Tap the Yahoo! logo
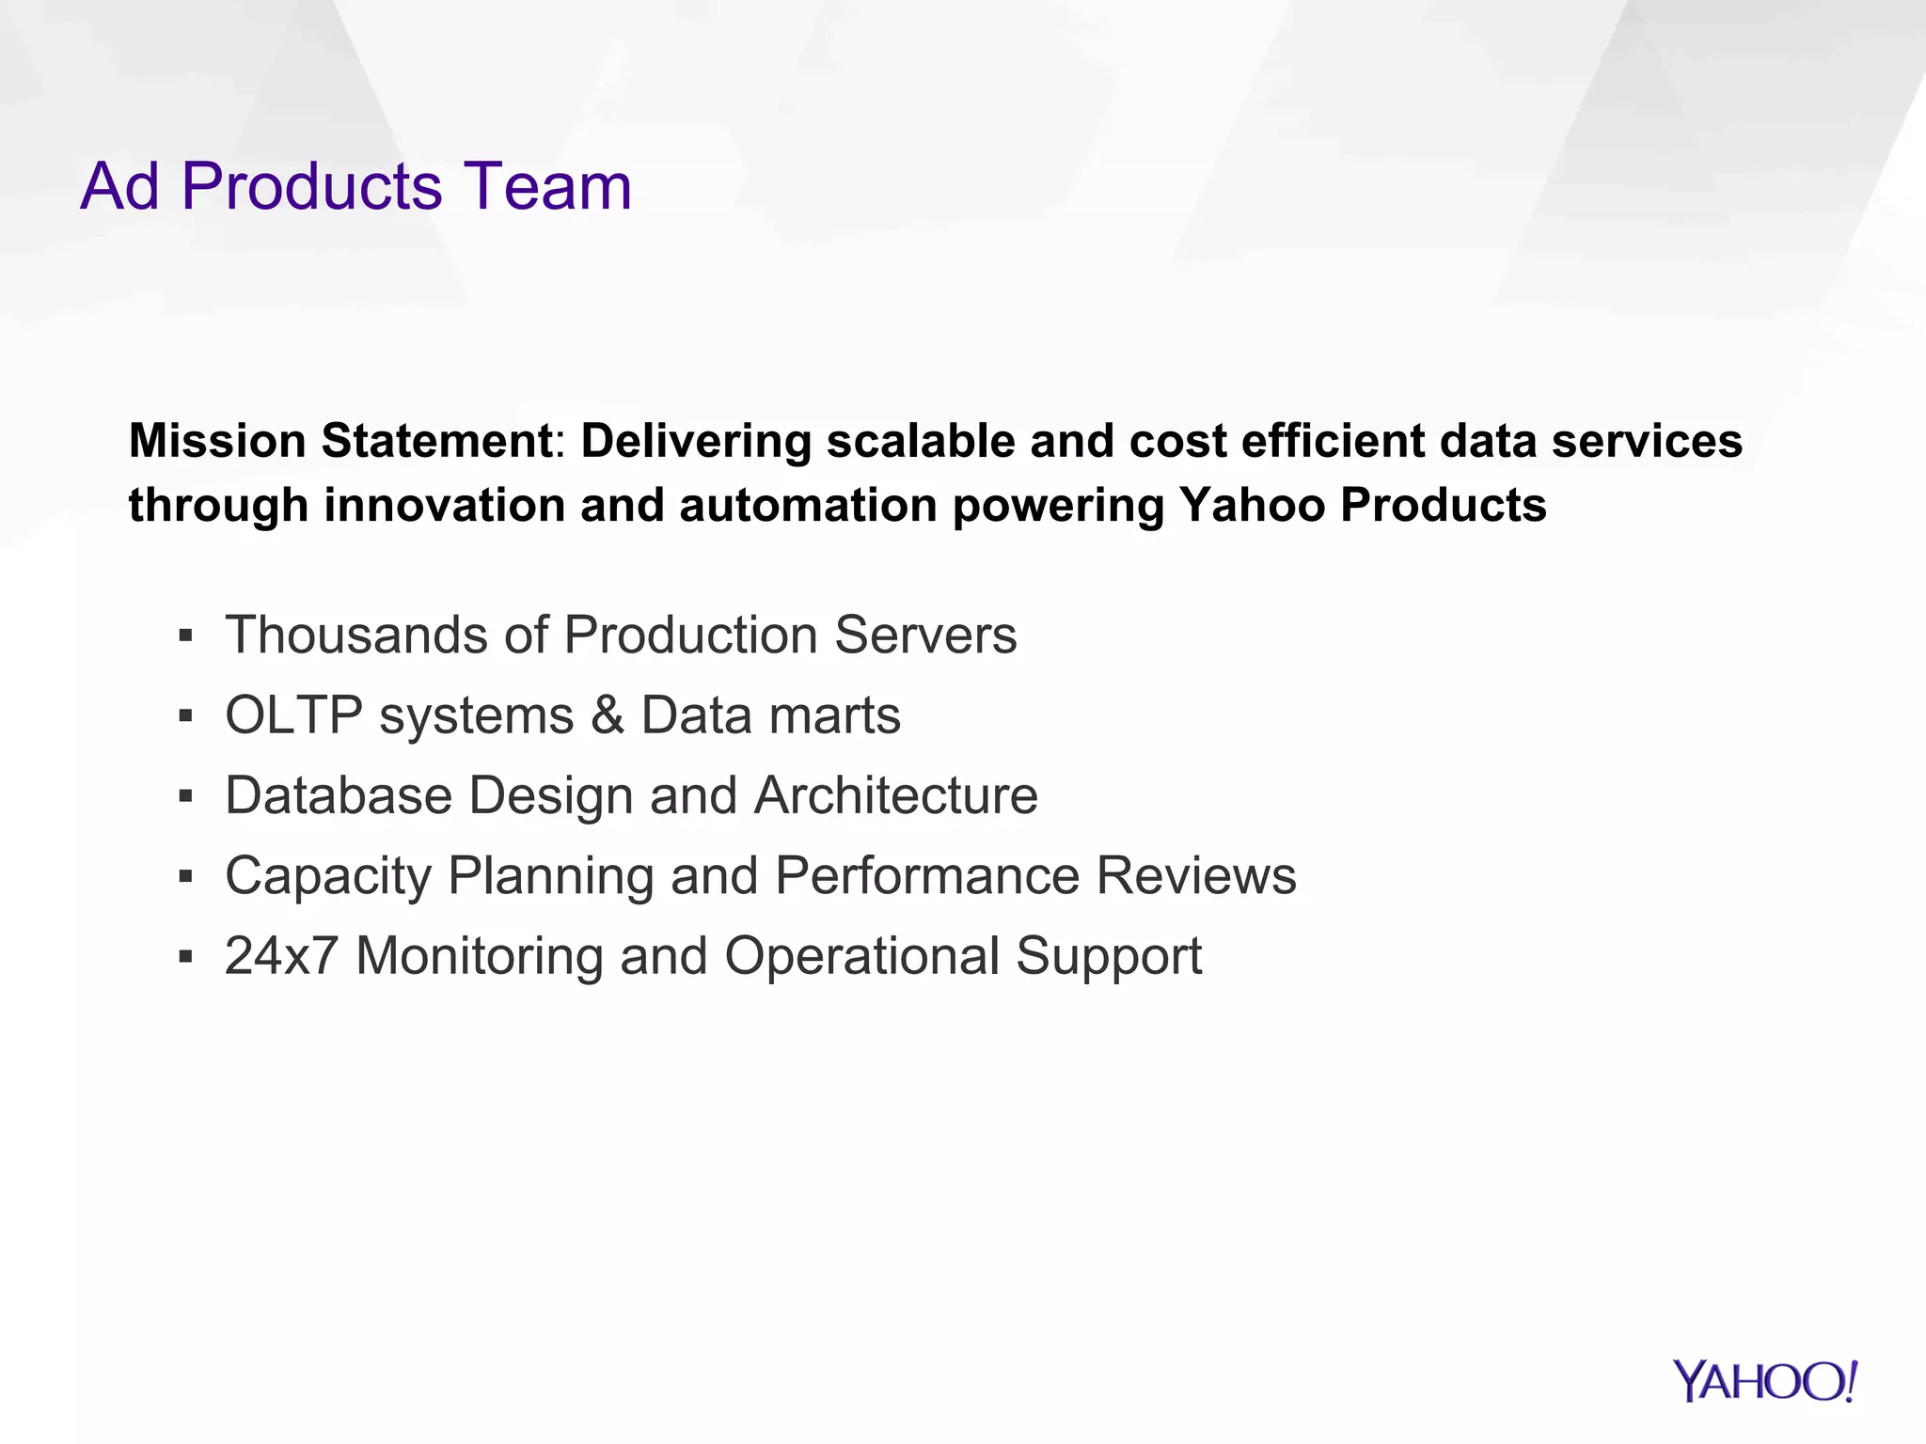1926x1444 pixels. pyautogui.click(x=1764, y=1382)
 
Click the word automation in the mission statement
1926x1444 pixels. pyautogui.click(x=808, y=505)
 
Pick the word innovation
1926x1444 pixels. pyautogui.click(x=443, y=505)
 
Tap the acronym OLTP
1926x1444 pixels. pyautogui.click(x=293, y=715)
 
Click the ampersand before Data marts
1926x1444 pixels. pyautogui.click(x=608, y=715)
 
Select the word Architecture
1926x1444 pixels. pyautogui.click(x=896, y=795)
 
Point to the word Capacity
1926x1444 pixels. pyautogui.click(x=327, y=877)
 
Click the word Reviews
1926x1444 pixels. pyautogui.click(x=1196, y=875)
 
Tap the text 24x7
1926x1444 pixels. pyautogui.click(x=281, y=956)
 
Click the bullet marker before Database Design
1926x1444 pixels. pyautogui.click(x=185, y=797)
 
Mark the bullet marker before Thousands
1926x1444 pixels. pyautogui.click(x=185, y=636)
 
